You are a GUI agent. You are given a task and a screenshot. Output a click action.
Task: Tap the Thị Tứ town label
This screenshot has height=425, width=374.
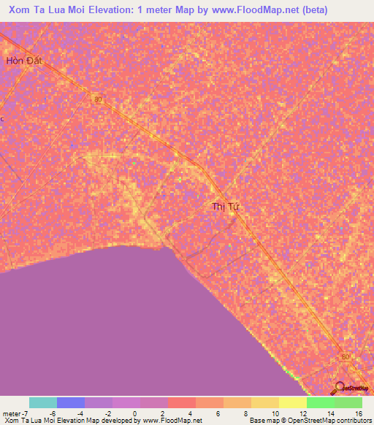[226, 207]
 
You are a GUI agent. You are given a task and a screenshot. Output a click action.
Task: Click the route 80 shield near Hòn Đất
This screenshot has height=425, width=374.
[98, 100]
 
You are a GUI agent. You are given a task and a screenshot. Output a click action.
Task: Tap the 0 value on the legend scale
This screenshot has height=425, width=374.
[135, 413]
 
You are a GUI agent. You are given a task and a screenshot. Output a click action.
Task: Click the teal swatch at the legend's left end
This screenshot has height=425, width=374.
[42, 402]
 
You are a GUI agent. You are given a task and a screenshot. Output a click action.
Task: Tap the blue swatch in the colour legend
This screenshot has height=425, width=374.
[70, 402]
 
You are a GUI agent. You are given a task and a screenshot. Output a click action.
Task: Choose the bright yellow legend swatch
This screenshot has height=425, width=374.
[292, 402]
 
